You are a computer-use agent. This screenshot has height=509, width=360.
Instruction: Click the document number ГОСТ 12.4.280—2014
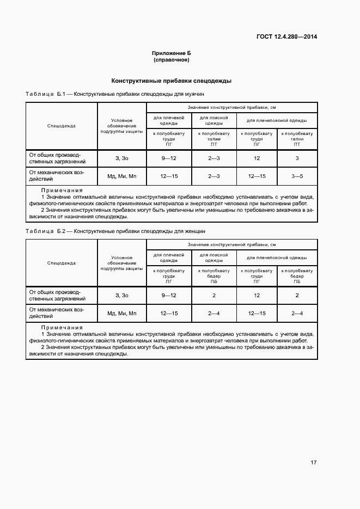286,37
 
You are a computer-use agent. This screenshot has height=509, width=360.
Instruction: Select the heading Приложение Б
172,53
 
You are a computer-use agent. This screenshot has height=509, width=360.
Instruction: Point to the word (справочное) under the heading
172,60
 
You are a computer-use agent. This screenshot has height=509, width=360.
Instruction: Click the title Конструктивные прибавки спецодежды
172,81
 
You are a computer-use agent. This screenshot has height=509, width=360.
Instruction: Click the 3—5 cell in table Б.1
297,176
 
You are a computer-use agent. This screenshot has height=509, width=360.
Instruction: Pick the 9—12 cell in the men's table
169,158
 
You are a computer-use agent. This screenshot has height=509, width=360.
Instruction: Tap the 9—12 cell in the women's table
169,295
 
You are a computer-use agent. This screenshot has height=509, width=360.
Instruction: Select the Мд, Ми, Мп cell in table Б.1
121,176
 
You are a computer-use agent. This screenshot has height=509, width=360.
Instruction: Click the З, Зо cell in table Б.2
121,295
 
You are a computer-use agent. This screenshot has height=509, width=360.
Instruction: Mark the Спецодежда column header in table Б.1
61,126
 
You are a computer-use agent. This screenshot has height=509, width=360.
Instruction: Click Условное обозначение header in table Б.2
121,263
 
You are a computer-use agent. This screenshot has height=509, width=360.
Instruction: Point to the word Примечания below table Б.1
62,191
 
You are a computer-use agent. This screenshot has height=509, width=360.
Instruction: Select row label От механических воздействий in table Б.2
56,313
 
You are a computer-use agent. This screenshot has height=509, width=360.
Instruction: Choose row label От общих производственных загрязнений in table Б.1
57,158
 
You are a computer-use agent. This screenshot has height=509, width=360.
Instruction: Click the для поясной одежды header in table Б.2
213,257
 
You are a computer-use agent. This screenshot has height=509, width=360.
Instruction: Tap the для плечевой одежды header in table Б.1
169,120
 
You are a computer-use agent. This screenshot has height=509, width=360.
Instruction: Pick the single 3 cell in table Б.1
297,158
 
